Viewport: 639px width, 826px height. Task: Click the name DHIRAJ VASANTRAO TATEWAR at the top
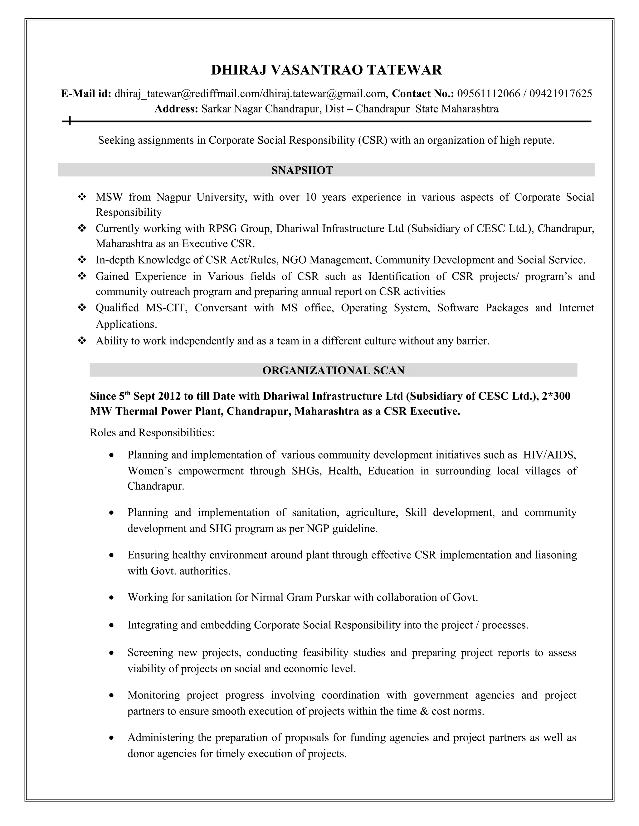pos(326,70)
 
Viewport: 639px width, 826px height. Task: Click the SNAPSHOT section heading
pos(302,170)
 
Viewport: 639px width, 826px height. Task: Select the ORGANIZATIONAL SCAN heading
pos(333,370)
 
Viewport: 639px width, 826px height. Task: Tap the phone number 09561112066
pos(488,94)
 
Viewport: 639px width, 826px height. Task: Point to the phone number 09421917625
pos(560,94)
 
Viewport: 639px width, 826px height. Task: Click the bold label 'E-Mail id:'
pos(86,94)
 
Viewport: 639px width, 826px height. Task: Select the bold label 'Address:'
pos(176,109)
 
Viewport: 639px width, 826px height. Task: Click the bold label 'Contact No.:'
pos(422,94)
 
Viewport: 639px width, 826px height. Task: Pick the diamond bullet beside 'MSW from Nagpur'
pos(81,197)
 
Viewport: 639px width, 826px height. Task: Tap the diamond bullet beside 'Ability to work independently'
pos(81,341)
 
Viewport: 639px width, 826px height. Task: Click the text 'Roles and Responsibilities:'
pos(152,432)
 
